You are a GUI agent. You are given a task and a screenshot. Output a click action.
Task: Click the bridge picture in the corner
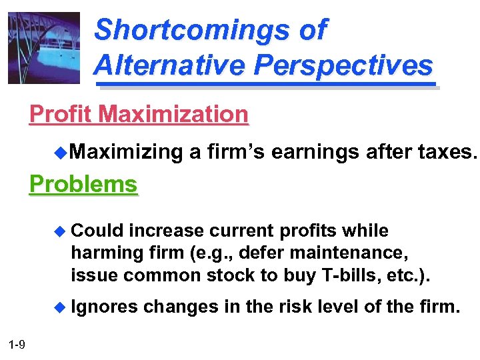[x=43, y=47]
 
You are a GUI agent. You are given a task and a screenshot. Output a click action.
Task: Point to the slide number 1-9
[x=17, y=344]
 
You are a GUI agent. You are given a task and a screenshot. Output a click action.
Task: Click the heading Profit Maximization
[x=139, y=114]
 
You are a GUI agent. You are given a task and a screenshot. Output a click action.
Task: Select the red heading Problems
[x=83, y=183]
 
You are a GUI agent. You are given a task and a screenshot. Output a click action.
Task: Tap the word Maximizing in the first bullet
[x=126, y=152]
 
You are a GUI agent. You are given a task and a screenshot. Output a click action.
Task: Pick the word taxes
[x=443, y=152]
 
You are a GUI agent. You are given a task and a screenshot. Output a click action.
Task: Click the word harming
[x=107, y=253]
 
